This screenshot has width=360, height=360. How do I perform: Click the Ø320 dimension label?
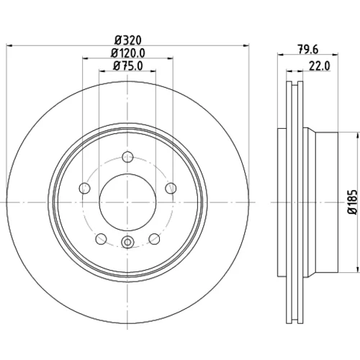(128, 40)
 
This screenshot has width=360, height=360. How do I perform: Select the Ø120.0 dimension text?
(128, 53)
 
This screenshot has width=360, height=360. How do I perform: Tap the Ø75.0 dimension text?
(128, 66)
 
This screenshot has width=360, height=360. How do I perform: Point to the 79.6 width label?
(308, 50)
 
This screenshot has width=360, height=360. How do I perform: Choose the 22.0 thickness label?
(320, 66)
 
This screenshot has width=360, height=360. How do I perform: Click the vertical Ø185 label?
(353, 202)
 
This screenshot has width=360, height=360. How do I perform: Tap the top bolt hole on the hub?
(127, 157)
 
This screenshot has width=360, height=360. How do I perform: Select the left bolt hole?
(84, 188)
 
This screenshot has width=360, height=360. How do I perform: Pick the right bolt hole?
(171, 188)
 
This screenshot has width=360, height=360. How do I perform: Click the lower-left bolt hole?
(101, 239)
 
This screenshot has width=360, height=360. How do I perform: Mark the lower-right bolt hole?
(154, 239)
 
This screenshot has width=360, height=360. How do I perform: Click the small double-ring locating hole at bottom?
(127, 242)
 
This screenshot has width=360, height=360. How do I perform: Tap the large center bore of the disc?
(127, 202)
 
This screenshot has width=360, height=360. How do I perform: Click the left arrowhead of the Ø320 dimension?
(9, 45)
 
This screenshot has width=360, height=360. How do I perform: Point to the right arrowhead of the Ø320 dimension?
(246, 45)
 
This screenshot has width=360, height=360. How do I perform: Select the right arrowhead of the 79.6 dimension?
(336, 55)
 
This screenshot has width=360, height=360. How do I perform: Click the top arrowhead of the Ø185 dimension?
(356, 135)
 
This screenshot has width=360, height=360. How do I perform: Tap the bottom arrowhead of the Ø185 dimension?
(356, 269)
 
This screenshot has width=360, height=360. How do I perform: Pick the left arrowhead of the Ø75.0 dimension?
(102, 71)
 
